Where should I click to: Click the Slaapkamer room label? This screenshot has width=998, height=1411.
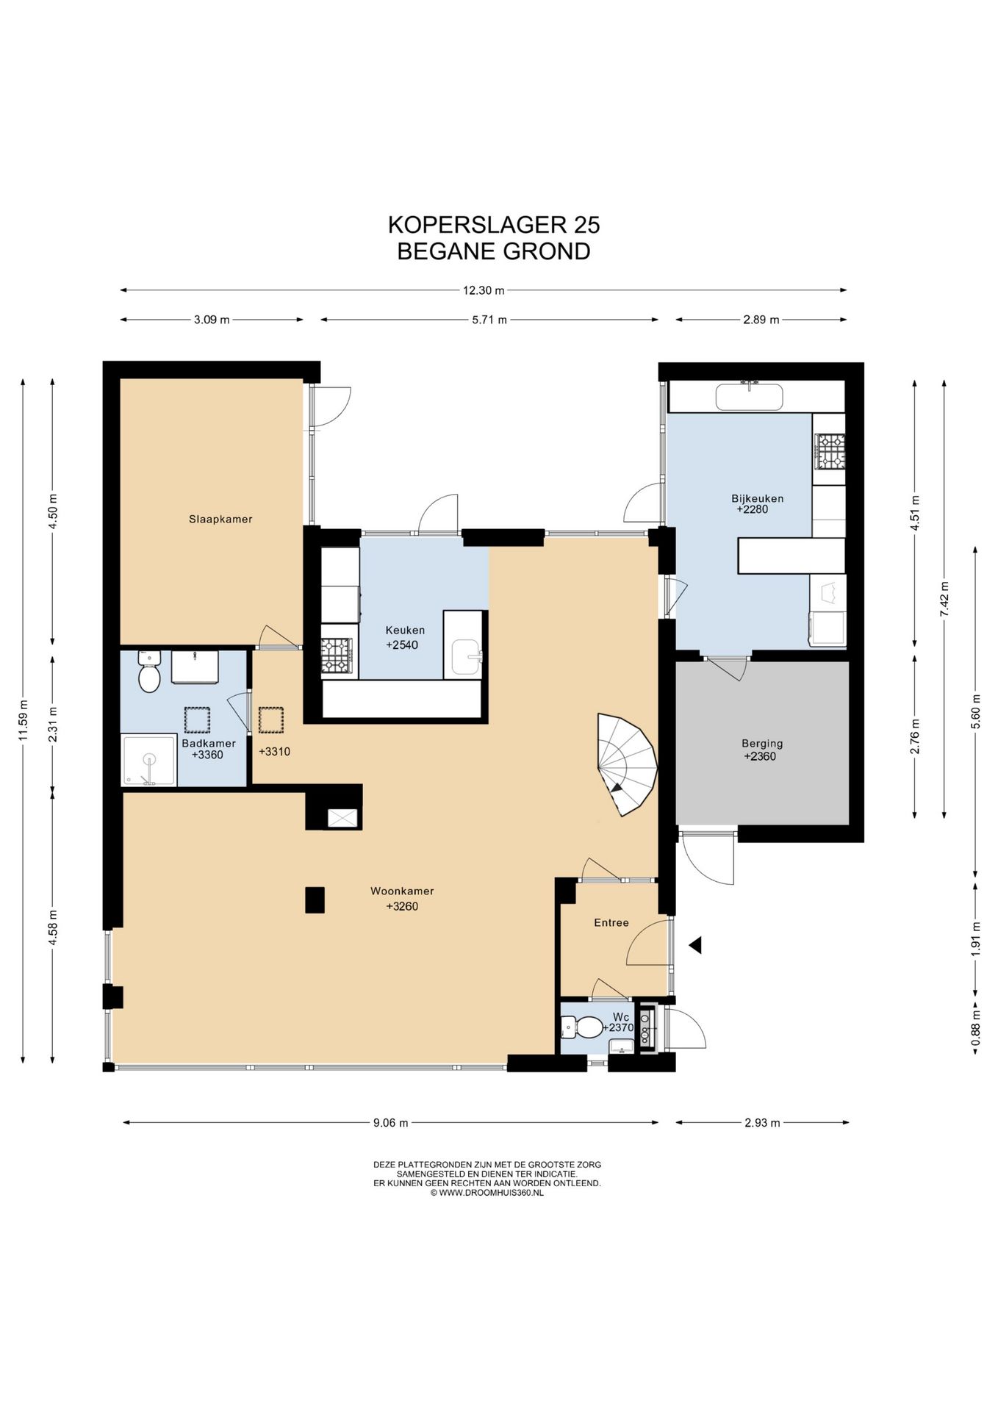click(220, 519)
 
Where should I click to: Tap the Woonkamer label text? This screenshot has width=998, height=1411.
click(402, 891)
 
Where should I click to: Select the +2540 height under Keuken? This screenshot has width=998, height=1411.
click(402, 645)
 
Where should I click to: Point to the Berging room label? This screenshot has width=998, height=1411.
click(762, 744)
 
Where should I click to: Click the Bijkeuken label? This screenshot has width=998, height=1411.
click(757, 498)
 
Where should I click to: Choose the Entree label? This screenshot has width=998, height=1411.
click(611, 923)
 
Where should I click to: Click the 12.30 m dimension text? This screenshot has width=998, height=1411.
click(484, 290)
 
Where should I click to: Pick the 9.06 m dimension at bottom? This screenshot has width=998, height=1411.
click(390, 1123)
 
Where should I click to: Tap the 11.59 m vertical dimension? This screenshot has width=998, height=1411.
click(23, 720)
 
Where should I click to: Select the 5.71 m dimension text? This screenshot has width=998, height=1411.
click(489, 320)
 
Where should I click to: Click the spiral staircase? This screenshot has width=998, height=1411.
click(626, 764)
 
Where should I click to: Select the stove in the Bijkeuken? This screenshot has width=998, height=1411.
click(830, 451)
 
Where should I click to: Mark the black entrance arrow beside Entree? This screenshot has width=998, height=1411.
click(694, 945)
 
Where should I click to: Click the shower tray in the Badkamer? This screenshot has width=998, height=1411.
click(150, 760)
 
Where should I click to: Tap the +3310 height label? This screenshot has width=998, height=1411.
click(274, 752)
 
